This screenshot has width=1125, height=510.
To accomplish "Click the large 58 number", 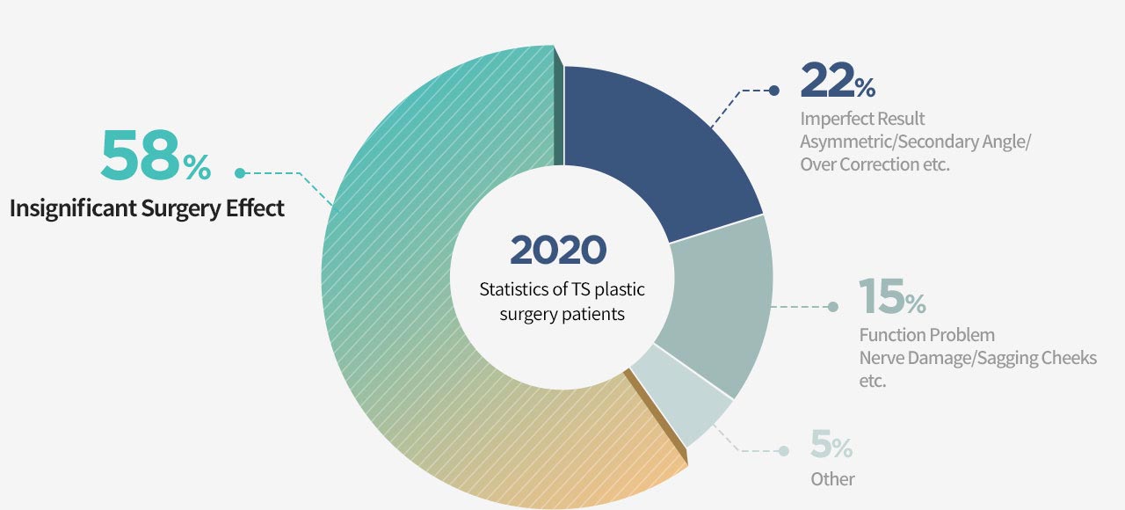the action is click(140, 155).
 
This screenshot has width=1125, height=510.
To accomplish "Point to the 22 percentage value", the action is click(827, 80).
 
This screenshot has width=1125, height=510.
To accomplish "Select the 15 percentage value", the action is click(882, 296).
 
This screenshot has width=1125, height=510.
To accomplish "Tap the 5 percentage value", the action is click(821, 444).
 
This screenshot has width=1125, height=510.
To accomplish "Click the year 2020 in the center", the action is click(558, 250).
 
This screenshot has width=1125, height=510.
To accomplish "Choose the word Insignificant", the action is click(73, 208).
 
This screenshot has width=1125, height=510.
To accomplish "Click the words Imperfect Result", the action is click(862, 119).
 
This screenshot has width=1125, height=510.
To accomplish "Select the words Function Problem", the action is click(927, 335).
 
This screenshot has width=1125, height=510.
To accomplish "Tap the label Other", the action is click(832, 479).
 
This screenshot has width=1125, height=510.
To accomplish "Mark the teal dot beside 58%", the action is click(240, 173).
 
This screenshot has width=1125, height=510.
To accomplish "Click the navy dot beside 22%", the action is click(774, 91).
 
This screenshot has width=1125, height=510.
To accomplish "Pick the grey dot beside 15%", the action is click(832, 307).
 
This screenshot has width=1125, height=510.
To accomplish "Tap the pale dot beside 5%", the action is click(783, 451).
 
